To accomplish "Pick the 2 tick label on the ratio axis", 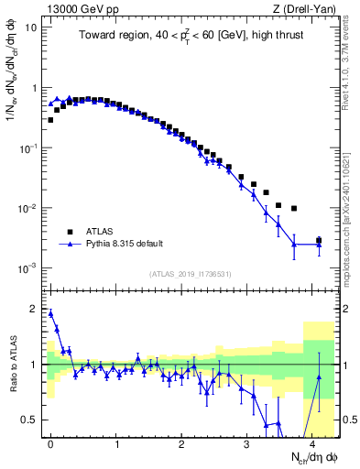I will click(x=35, y=309).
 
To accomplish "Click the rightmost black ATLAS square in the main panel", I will click(x=319, y=240).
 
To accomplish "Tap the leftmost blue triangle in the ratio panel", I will click(x=50, y=313).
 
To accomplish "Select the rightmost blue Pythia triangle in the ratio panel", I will click(x=319, y=376).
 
